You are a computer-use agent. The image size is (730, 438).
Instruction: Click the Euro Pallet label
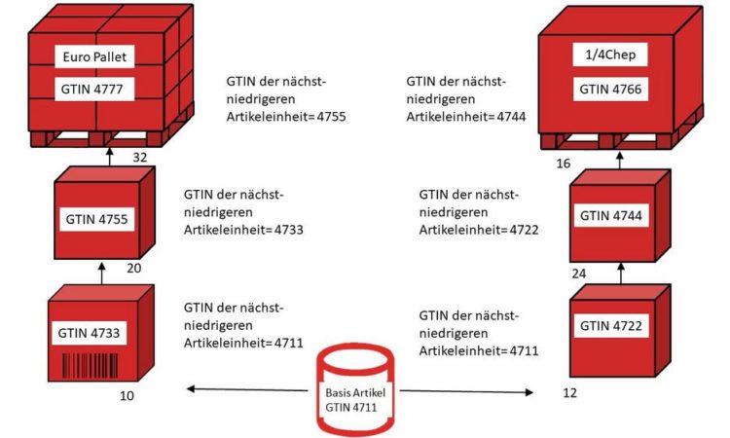pyautogui.click(x=94, y=56)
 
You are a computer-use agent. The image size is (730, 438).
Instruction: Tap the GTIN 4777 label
pyautogui.click(x=94, y=89)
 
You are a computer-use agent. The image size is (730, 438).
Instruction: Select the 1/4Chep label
pyautogui.click(x=610, y=55)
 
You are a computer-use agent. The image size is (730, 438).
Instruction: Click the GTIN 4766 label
pyautogui.click(x=610, y=89)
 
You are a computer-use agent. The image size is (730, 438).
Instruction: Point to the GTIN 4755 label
pyautogui.click(x=96, y=219)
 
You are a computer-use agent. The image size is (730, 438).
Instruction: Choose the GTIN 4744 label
pyautogui.click(x=611, y=215)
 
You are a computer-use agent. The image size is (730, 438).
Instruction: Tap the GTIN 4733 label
pyautogui.click(x=89, y=333)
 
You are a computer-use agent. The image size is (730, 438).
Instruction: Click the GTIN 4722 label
pyautogui.click(x=611, y=325)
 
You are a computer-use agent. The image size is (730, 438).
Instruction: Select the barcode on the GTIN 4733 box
pyautogui.click(x=90, y=366)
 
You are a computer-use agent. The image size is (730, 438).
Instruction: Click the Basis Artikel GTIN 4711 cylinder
pyautogui.click(x=355, y=390)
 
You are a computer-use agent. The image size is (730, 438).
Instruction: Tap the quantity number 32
pyautogui.click(x=139, y=158)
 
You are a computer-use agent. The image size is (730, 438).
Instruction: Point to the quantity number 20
pyautogui.click(x=133, y=268)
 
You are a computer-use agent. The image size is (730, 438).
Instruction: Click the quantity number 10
pyautogui.click(x=127, y=395)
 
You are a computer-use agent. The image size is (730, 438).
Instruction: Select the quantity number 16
pyautogui.click(x=563, y=164)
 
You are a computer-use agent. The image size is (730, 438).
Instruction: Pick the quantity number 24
pyautogui.click(x=579, y=274)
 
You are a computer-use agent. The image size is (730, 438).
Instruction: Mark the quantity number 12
pyautogui.click(x=569, y=393)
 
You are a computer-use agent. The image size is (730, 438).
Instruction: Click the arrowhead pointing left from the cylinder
pyautogui.click(x=190, y=388)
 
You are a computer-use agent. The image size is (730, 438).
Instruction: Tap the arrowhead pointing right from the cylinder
pyautogui.click(x=529, y=392)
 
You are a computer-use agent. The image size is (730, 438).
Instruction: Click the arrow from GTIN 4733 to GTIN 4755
pyautogui.click(x=102, y=274)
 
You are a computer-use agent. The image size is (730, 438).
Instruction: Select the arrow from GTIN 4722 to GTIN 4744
pyautogui.click(x=620, y=274)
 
